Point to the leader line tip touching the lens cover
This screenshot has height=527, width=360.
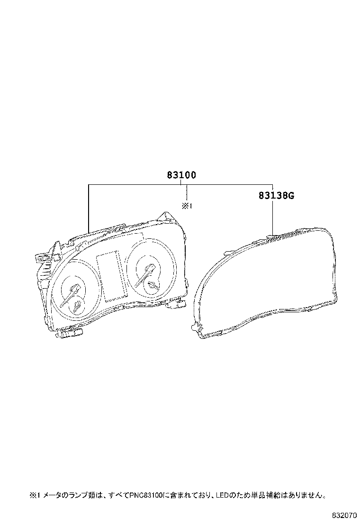tap(272, 233)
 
